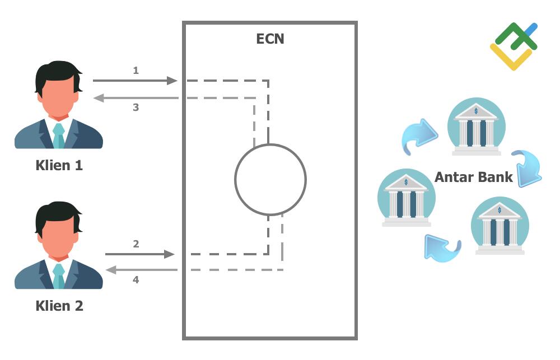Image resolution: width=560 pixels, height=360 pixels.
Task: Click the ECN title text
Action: pyautogui.click(x=270, y=39)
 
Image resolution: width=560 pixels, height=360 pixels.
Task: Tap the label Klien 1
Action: pyautogui.click(x=59, y=165)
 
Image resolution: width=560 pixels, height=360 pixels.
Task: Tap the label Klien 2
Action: pyautogui.click(x=59, y=306)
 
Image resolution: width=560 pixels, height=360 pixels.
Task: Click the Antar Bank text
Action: pyautogui.click(x=473, y=177)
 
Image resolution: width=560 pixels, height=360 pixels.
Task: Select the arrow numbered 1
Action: pyautogui.click(x=134, y=81)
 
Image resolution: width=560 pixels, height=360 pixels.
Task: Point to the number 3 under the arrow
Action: pyautogui.click(x=136, y=107)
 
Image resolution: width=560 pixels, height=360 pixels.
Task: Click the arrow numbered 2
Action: pyautogui.click(x=140, y=254)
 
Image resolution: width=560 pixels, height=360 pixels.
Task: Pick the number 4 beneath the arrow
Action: pyautogui.click(x=136, y=279)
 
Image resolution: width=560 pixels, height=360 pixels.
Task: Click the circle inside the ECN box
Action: pyautogui.click(x=270, y=180)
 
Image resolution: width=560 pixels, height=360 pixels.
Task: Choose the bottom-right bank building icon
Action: pyautogui.click(x=500, y=226)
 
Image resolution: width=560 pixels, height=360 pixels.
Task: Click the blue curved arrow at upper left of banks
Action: pyautogui.click(x=420, y=135)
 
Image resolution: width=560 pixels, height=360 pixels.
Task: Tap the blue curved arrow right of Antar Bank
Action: pyautogui.click(x=526, y=168)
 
